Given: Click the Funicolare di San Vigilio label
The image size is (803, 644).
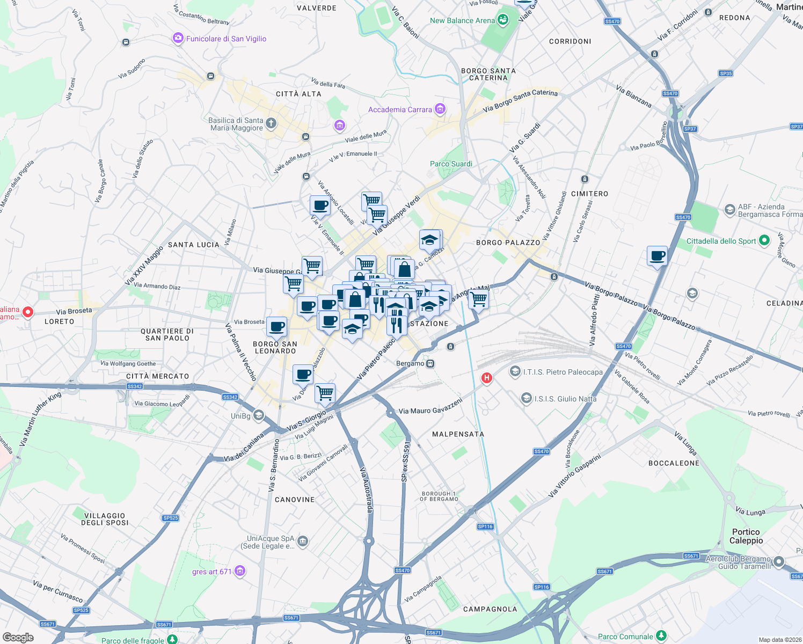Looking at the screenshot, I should click(226, 39).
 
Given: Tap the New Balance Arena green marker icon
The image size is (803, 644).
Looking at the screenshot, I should click(503, 20).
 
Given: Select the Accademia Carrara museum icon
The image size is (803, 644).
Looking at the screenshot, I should click(440, 109).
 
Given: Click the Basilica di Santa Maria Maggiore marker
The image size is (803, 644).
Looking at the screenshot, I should click(271, 124).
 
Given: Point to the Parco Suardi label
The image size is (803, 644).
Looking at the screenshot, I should click(451, 164).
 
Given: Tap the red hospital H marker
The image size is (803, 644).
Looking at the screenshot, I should click(487, 378).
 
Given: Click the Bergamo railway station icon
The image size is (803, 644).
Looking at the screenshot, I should click(430, 363).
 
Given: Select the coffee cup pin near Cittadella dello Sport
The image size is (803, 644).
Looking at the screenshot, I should click(657, 256).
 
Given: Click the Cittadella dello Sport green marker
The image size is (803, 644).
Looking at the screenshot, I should click(765, 241).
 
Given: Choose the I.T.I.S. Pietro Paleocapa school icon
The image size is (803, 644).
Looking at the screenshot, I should click(515, 371).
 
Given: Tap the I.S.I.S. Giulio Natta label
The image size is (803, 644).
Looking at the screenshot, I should click(565, 399).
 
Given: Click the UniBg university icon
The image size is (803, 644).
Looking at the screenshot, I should click(259, 415).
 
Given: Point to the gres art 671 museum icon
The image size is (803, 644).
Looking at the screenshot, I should click(240, 571).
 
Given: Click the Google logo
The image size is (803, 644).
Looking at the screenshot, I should click(18, 637).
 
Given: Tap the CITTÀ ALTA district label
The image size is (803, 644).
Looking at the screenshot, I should click(298, 94).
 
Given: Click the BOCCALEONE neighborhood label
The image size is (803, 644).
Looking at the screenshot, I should click(674, 463).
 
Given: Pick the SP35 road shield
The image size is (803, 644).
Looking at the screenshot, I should click(726, 74).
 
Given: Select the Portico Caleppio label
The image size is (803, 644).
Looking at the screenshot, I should click(746, 536).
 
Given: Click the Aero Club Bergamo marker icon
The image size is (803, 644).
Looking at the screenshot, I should click(779, 562).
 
